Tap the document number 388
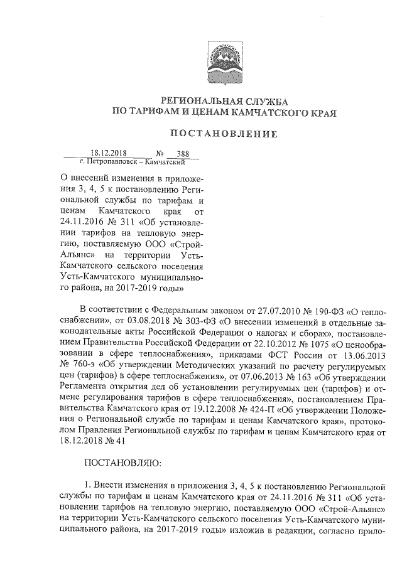click(x=183, y=153)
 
